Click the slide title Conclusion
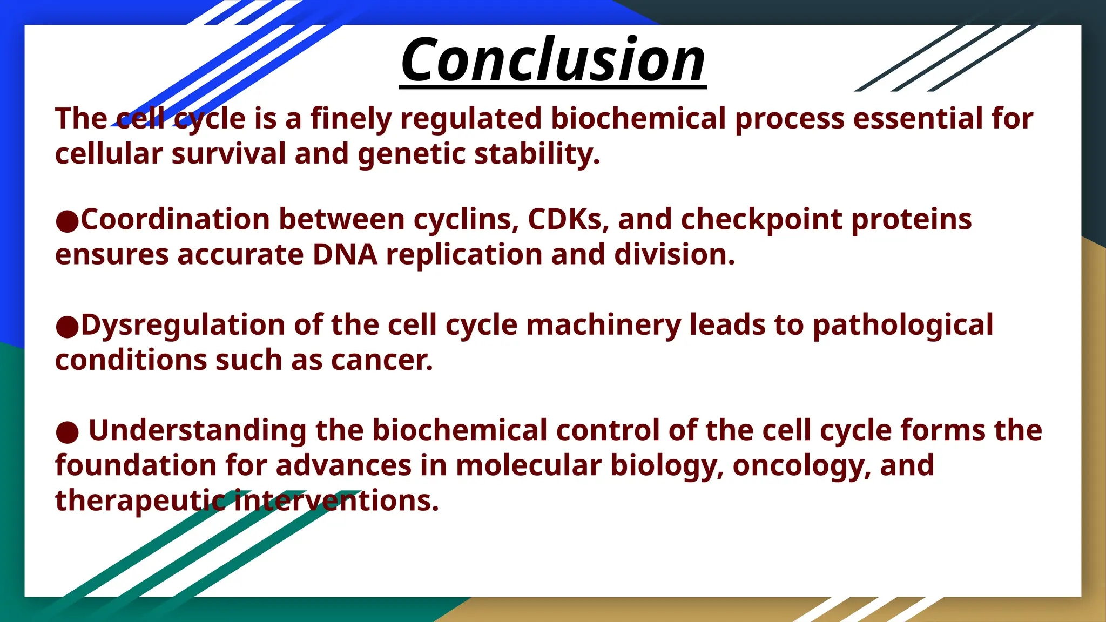[553, 59]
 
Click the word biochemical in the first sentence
[638, 118]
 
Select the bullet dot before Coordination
[67, 221]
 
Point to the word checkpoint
[761, 220]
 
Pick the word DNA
[345, 254]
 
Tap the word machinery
[603, 325]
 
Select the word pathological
[902, 326]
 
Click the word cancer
[382, 360]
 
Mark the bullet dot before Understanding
[67, 432]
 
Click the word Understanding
[198, 431]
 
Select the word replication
[464, 255]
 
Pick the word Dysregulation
[183, 326]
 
